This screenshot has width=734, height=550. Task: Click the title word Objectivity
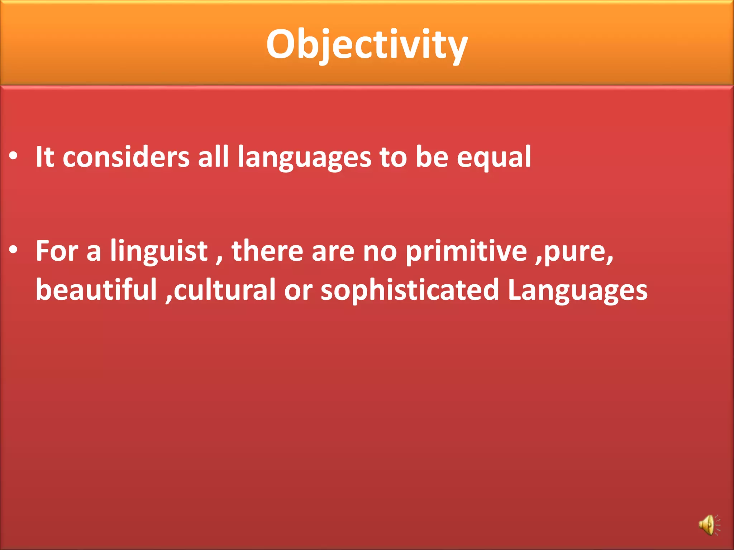(x=367, y=45)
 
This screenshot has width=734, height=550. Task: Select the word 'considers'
(x=126, y=158)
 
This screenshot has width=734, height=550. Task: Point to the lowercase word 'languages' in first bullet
(x=304, y=158)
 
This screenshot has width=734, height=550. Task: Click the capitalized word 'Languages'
(x=577, y=290)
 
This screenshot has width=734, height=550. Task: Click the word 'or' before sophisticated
(x=298, y=290)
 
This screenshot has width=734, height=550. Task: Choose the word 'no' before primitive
(x=380, y=251)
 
